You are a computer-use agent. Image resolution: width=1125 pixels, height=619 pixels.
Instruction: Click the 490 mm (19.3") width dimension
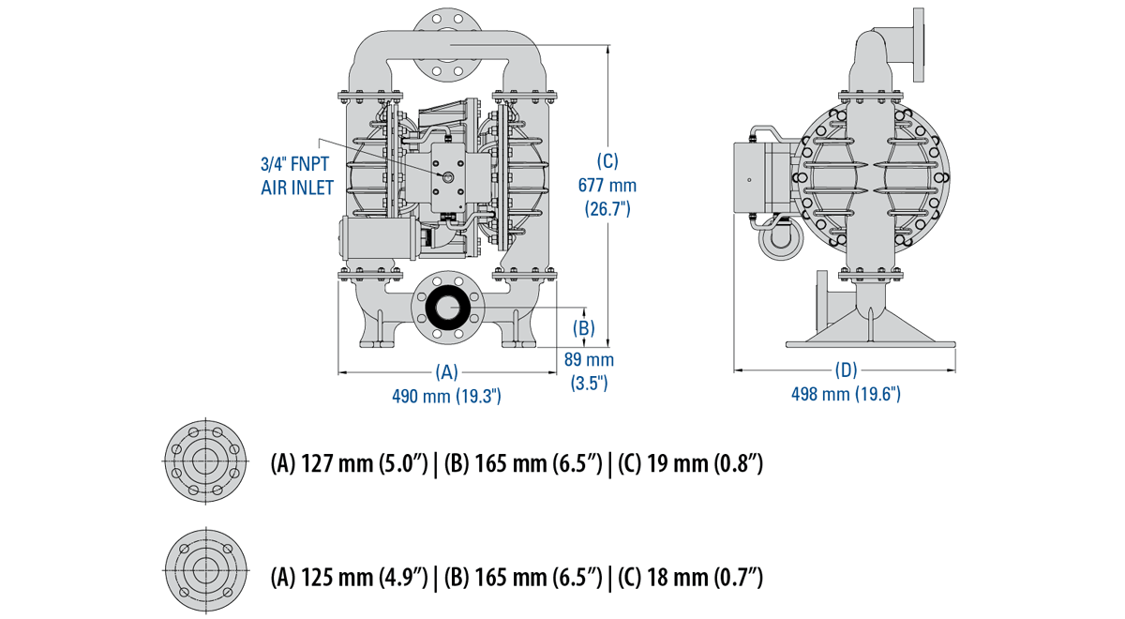[x=447, y=396]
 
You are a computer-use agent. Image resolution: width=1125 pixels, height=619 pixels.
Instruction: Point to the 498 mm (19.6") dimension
[x=846, y=394]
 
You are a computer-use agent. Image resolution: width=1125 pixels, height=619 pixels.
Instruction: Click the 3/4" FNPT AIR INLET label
[x=297, y=175]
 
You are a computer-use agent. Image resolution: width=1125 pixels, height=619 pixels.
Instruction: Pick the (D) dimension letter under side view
[x=846, y=370]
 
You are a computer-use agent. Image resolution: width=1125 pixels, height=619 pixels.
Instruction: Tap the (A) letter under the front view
[x=447, y=371]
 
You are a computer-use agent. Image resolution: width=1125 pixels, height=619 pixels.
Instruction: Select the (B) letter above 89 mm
[x=584, y=328]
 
